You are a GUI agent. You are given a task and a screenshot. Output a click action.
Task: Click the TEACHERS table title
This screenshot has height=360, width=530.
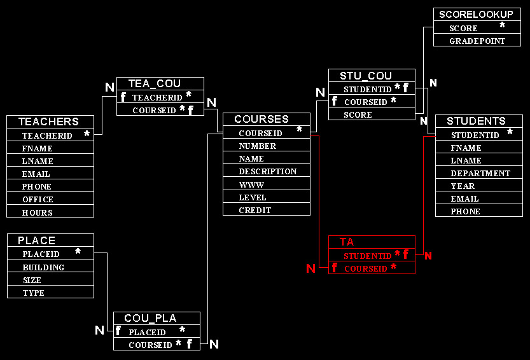click(48, 121)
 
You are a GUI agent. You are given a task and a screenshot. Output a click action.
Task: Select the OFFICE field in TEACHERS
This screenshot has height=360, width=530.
click(38, 200)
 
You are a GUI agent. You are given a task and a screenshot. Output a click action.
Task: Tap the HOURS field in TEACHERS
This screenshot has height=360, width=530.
click(38, 212)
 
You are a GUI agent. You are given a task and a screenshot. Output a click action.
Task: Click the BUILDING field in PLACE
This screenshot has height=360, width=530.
click(43, 267)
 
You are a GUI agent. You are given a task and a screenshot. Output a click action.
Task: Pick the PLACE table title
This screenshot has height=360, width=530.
click(36, 240)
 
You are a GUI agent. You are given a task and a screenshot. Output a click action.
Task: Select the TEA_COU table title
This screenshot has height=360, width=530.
click(155, 83)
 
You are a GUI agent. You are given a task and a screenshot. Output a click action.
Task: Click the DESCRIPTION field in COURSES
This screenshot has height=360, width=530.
click(267, 172)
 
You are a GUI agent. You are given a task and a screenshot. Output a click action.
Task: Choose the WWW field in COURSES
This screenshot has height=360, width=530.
click(251, 184)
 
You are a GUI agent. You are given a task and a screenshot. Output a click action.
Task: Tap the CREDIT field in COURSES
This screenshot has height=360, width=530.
click(255, 210)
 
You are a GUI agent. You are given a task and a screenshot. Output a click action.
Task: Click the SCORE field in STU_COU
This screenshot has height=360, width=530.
click(358, 115)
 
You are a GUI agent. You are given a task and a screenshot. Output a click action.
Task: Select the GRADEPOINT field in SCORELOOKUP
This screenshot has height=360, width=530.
click(477, 41)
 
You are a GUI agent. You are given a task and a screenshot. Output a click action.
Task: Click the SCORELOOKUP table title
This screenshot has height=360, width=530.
click(476, 14)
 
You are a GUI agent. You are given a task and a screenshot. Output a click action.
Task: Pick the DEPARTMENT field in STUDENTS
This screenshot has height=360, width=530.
click(480, 173)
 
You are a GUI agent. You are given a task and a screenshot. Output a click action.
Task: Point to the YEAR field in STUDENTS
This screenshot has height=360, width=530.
click(463, 186)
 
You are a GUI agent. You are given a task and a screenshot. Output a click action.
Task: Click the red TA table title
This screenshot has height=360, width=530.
click(347, 242)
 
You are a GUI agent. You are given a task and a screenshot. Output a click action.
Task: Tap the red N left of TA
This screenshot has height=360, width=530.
click(310, 268)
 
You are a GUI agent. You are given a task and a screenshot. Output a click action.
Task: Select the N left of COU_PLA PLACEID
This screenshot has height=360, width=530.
click(99, 330)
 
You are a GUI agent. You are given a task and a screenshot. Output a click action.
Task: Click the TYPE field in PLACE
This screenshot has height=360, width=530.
click(34, 293)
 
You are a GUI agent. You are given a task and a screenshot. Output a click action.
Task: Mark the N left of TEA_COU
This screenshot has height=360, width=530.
click(109, 87)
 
